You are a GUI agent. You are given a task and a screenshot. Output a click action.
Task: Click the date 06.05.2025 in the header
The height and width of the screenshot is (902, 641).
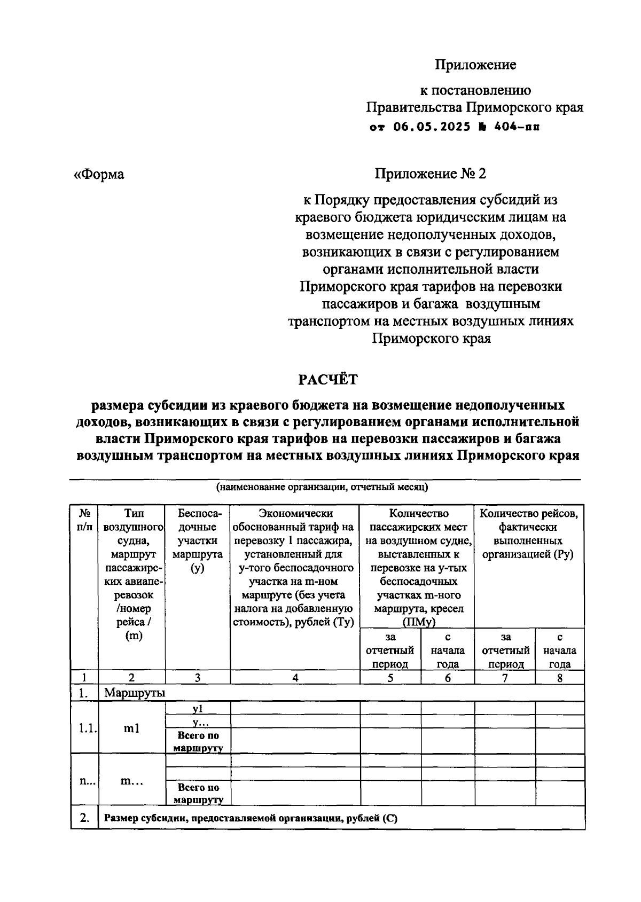432,128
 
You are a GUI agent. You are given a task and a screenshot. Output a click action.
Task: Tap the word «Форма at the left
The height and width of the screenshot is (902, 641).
99,175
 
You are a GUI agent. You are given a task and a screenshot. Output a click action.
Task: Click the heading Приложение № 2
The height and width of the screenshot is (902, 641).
431,174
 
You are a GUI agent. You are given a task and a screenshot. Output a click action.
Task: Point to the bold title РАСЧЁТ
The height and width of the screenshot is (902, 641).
327,380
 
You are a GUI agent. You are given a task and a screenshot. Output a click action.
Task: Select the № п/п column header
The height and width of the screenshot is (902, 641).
84,520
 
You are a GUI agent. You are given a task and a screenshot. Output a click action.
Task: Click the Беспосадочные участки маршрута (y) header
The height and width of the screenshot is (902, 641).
198,541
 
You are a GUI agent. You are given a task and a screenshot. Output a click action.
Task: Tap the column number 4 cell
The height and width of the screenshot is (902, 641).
295,678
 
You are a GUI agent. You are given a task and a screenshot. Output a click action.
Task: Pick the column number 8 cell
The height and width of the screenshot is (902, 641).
559,678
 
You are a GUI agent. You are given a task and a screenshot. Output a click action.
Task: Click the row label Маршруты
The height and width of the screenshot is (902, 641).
135,693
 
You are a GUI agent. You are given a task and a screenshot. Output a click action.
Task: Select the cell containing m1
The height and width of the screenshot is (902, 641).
131,728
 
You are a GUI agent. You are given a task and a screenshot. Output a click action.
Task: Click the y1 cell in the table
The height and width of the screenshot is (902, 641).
198,708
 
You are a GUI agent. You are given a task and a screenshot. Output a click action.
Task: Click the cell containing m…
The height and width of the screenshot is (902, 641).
131,780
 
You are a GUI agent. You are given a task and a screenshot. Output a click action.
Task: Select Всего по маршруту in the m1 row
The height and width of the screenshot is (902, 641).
198,741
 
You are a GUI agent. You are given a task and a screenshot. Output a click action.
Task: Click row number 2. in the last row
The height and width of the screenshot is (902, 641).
84,817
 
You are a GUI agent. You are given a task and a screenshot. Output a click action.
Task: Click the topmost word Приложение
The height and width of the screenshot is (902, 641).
475,65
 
